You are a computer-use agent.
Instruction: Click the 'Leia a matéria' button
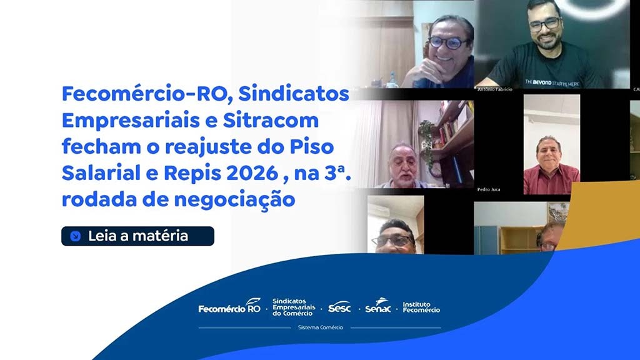click(x=137, y=236)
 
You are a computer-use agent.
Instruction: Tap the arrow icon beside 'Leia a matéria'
click(x=76, y=236)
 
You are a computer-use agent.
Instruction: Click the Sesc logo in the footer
click(x=339, y=307)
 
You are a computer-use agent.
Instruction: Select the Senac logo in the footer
click(x=378, y=306)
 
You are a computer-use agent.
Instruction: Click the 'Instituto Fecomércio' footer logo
click(x=421, y=307)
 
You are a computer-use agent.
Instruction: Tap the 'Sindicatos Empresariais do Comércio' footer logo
click(x=292, y=307)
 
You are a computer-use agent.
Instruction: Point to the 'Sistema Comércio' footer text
click(x=321, y=327)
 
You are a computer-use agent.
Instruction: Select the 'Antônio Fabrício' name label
click(x=494, y=89)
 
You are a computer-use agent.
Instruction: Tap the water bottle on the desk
click(x=392, y=79)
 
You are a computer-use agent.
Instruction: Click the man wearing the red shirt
click(x=550, y=166)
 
